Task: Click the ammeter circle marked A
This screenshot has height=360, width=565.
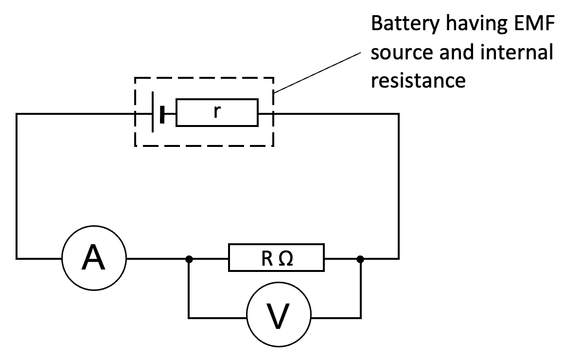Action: coord(93,258)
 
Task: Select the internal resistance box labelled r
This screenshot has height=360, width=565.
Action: coord(217,113)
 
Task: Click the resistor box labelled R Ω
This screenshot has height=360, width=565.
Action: coord(276,258)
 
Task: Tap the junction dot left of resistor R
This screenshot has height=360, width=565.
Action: coord(190,258)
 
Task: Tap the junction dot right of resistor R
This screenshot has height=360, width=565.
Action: coord(360,258)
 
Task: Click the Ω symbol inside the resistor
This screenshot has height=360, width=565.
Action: coord(286,258)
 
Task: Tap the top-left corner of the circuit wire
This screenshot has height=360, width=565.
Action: coord(17,114)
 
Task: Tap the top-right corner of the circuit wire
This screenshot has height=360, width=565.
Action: coord(399,114)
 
